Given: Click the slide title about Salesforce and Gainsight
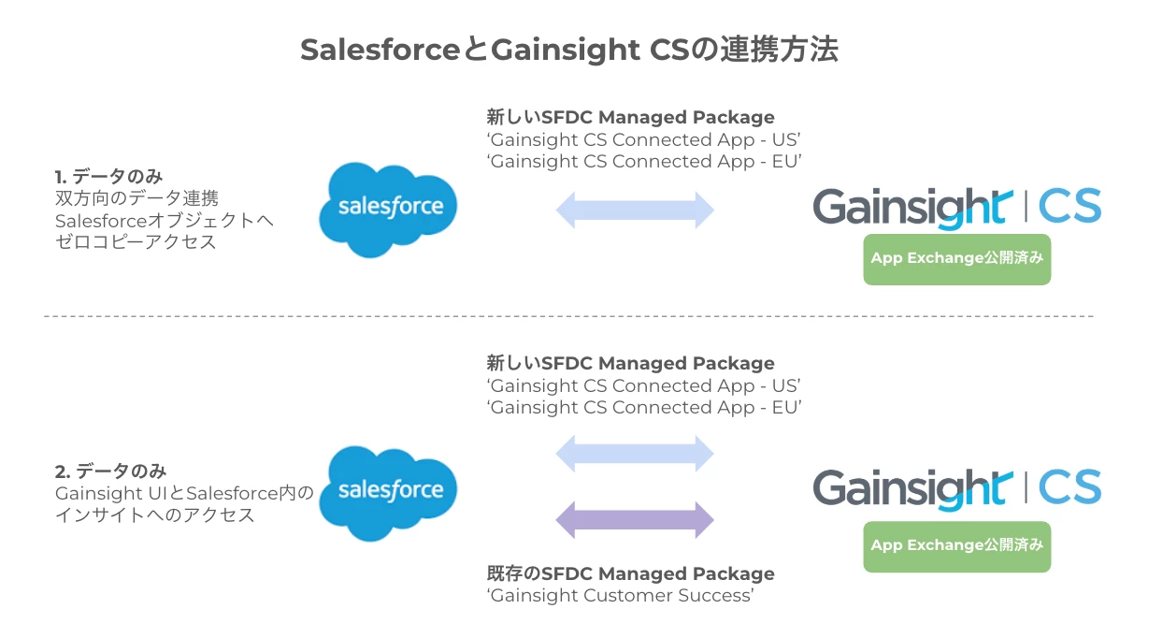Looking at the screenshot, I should pos(568,51).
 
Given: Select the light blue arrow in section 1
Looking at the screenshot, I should pos(635,210).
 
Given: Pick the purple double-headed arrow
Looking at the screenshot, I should pos(635,518).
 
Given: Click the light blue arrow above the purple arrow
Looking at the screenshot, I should pos(635,455).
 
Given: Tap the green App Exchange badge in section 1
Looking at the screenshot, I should pos(956,259).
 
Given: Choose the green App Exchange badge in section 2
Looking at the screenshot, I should pos(956,546).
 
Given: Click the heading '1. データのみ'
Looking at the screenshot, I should pos(109,177).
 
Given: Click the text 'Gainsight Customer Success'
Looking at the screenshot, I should pos(621,596).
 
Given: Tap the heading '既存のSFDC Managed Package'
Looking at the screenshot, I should pos(630,573).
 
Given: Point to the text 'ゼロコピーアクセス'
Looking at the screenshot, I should pos(136,242).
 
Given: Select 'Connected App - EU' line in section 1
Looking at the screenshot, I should pos(645,162).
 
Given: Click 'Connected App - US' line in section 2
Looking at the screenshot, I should pos(645,385).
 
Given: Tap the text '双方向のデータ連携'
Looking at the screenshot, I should pos(137,198).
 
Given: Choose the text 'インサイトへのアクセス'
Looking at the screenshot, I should pos(155,515).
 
